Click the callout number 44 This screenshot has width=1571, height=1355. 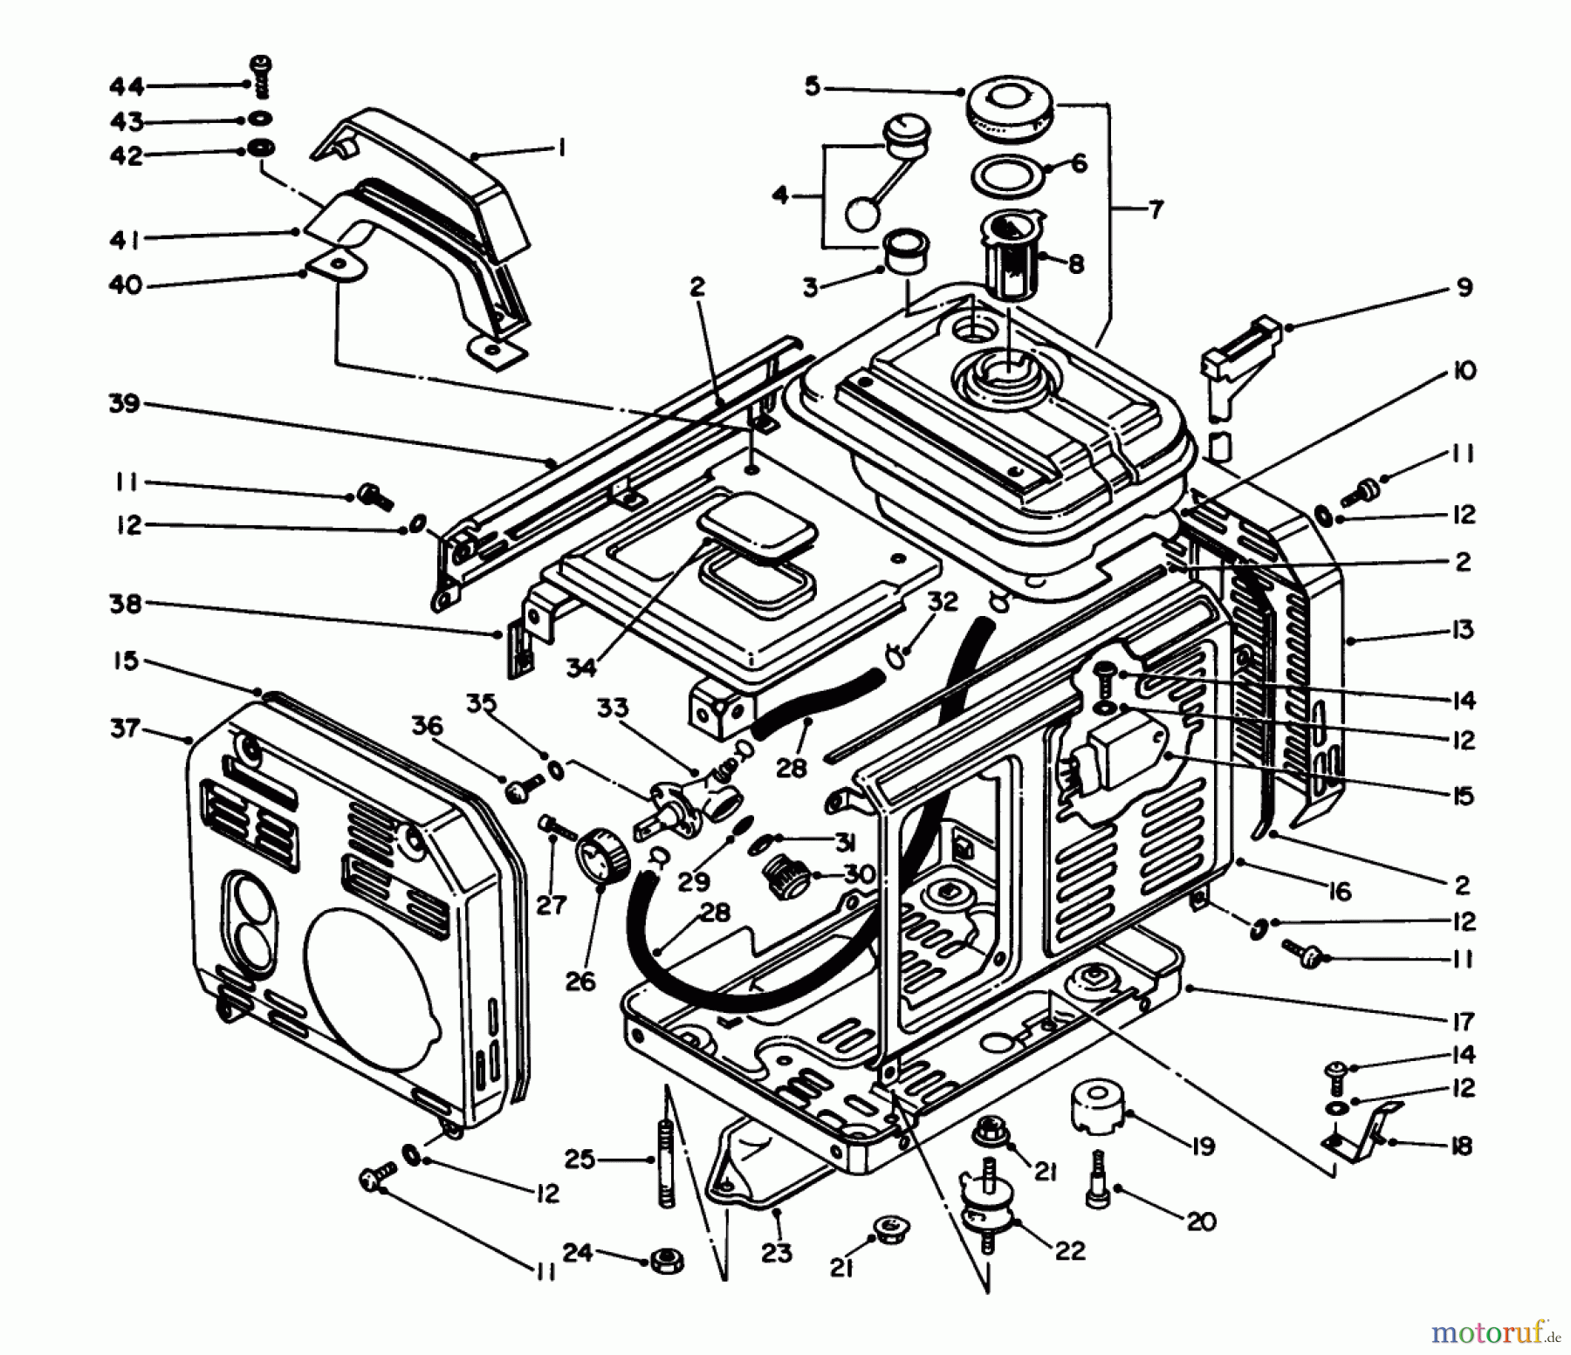[x=127, y=86]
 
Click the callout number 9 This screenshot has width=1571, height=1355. [x=1464, y=287]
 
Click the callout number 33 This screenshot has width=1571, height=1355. [x=612, y=708]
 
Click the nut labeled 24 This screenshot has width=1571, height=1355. [x=667, y=1261]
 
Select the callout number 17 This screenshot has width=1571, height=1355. [x=1463, y=1020]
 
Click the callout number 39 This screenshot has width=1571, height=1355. [x=125, y=404]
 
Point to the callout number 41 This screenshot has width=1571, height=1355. [x=125, y=239]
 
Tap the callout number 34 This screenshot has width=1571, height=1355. [x=580, y=667]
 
